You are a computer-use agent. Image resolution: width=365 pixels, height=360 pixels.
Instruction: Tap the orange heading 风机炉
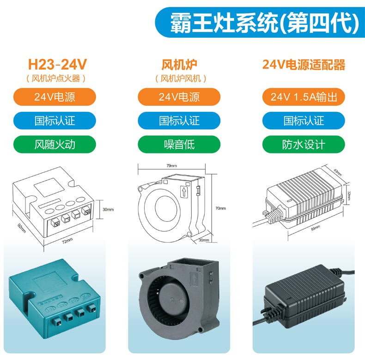179,64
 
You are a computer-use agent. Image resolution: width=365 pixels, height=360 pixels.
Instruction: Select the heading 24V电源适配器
304,64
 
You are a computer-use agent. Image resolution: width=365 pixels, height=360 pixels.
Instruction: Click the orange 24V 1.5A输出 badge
304,97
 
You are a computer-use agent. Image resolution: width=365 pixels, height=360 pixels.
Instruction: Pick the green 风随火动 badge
55,144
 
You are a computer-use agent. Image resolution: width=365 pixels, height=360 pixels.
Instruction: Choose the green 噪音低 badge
179,144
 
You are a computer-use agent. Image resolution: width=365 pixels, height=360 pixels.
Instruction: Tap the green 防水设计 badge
304,144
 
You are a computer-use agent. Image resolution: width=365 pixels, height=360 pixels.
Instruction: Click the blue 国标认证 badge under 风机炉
179,121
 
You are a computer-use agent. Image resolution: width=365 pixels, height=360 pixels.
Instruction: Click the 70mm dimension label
220,208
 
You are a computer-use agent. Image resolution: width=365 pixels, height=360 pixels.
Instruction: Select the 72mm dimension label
67,241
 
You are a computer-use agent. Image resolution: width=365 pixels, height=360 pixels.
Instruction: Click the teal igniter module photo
55,300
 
